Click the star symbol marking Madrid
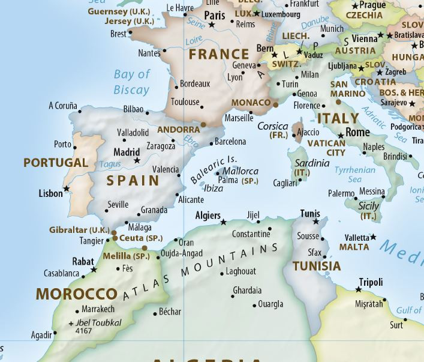pyautogui.click(x=137, y=161)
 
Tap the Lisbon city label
pyautogui.click(x=50, y=193)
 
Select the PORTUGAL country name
pyautogui.click(x=56, y=163)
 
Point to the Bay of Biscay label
pyautogui.click(x=131, y=82)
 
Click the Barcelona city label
pyautogui.click(x=231, y=142)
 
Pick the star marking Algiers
pyautogui.click(x=224, y=222)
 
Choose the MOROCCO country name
pyautogui.click(x=76, y=294)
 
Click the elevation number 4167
pyautogui.click(x=85, y=331)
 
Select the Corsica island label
pyautogui.click(x=272, y=126)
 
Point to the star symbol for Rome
pyautogui.click(x=341, y=136)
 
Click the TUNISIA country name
pyautogui.click(x=317, y=266)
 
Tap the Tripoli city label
pyautogui.click(x=371, y=282)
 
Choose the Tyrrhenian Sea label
pyautogui.click(x=356, y=175)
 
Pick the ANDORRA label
pyautogui.click(x=178, y=130)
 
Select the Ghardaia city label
pyautogui.click(x=247, y=291)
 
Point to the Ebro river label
pyautogui.click(x=191, y=142)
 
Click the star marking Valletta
pyautogui.click(x=374, y=237)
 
